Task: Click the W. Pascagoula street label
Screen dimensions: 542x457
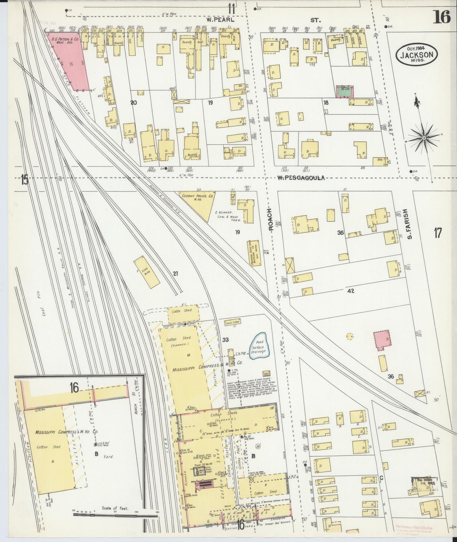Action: [301, 178]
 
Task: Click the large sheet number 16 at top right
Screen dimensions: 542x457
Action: [442, 16]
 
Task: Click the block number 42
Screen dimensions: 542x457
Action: [350, 291]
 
